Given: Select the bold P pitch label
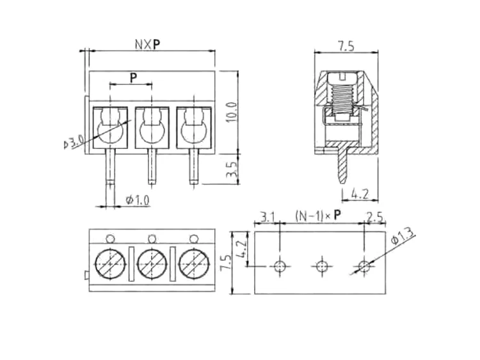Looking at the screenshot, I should click(133, 78).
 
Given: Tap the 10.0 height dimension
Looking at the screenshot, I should click(232, 113).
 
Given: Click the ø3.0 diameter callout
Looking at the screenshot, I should click(74, 142).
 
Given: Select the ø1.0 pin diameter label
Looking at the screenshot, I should click(137, 200).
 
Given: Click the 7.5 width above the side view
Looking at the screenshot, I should click(346, 45).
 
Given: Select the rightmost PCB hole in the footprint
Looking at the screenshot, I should click(364, 265).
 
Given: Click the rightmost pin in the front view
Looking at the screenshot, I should click(193, 168).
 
